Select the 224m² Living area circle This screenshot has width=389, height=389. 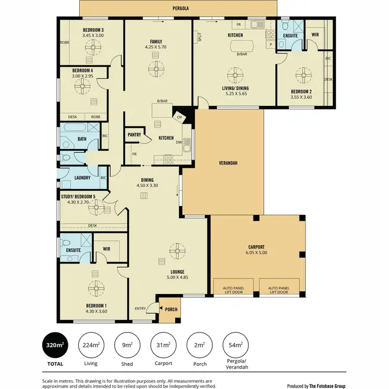click(x=91, y=345)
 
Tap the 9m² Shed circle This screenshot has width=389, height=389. click(x=127, y=345)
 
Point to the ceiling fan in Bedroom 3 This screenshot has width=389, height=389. click(x=94, y=48)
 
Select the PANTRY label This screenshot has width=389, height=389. click(x=135, y=135)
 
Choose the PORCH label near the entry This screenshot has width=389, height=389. click(x=171, y=310)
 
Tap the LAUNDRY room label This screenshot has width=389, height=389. click(x=82, y=178)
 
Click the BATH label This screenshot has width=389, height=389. click(x=81, y=138)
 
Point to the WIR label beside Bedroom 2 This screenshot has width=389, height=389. click(x=315, y=35)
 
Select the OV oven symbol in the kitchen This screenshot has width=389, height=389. click(x=180, y=117)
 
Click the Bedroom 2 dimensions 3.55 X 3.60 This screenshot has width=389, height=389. click(x=301, y=96)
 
